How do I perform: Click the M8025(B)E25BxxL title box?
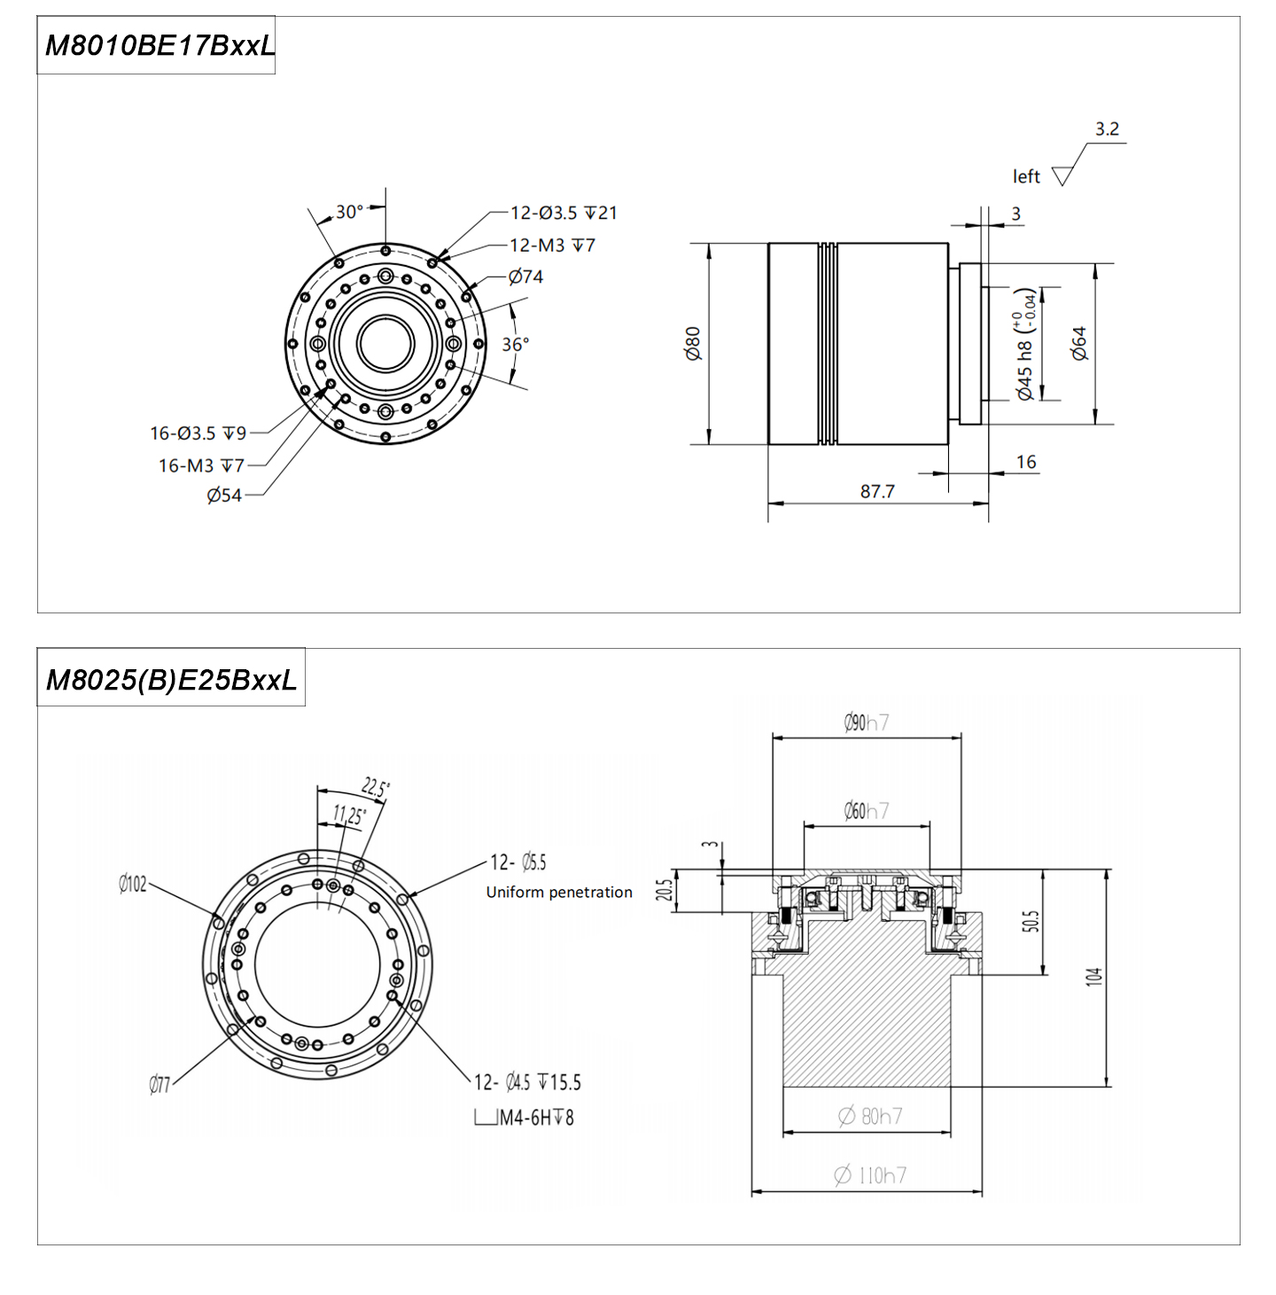[171, 679]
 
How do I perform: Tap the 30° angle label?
[349, 212]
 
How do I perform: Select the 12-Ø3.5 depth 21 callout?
[564, 213]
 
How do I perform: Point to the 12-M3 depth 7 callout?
[552, 245]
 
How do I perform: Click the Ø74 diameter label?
[525, 277]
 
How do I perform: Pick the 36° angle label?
[516, 344]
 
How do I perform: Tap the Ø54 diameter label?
[224, 495]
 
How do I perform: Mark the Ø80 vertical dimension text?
[693, 344]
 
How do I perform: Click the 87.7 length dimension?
[877, 491]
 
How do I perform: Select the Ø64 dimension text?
[1078, 344]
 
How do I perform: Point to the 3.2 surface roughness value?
[1107, 129]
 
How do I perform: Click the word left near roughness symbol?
[1026, 177]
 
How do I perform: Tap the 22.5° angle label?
[376, 787]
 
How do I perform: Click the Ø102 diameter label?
[133, 884]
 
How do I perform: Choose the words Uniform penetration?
[559, 893]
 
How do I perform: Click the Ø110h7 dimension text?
[870, 1175]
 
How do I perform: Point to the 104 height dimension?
[1094, 977]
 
